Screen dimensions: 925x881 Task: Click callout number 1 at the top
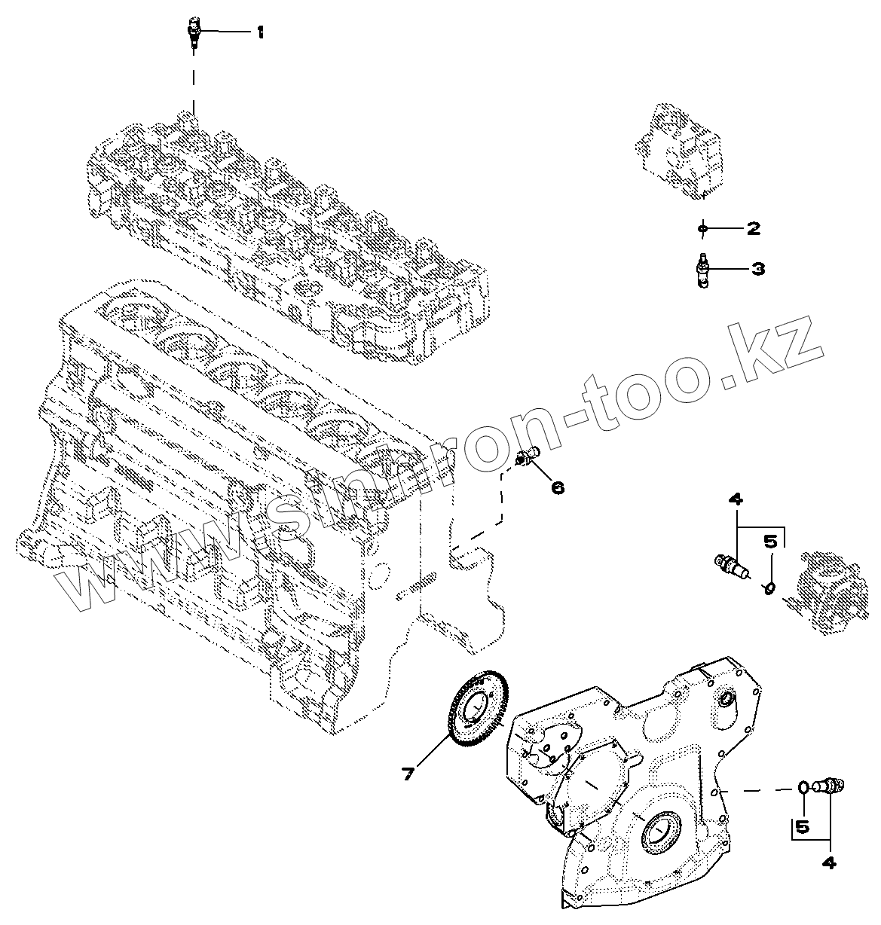(x=260, y=32)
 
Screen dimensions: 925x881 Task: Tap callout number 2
(x=752, y=228)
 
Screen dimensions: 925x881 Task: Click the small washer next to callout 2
(x=702, y=227)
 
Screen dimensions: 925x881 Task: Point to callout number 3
(x=757, y=268)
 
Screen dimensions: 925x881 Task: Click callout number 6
(x=558, y=487)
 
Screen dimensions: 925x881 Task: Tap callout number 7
(x=408, y=773)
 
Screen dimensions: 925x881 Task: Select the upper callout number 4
(x=736, y=499)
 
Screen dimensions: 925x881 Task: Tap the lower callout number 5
(x=802, y=826)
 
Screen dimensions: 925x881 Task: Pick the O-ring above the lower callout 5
(x=804, y=788)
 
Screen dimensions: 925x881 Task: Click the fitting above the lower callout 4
(x=832, y=786)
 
